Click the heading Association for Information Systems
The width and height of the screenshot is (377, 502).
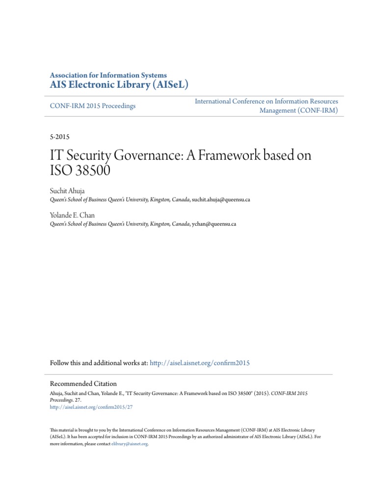[x=108, y=75]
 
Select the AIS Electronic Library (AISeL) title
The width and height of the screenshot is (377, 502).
[x=119, y=85]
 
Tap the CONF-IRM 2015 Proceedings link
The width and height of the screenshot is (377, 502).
[x=93, y=106]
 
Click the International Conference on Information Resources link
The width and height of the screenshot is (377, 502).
[x=266, y=101]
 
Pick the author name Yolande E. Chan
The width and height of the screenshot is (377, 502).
[x=72, y=216]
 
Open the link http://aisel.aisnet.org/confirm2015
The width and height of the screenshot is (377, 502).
[x=200, y=363]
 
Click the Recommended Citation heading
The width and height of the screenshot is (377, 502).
[x=83, y=384]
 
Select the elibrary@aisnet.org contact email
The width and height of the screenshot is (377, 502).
[x=129, y=444]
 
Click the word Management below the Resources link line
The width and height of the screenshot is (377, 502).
[x=278, y=111]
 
